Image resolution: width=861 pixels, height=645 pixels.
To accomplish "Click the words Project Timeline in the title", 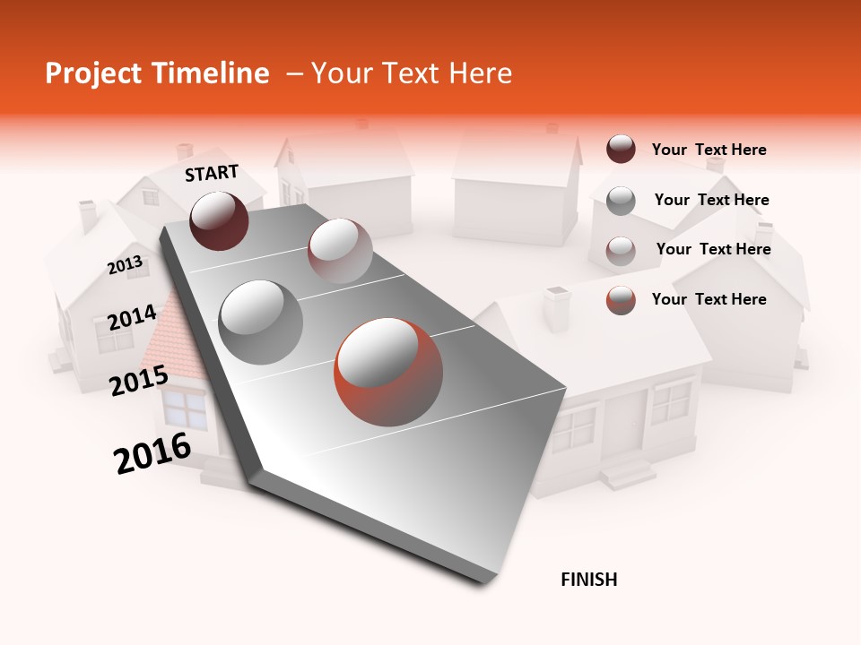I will point(157,73).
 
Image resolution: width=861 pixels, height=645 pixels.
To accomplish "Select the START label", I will point(212,173).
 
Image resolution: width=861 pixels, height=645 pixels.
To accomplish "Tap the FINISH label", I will point(588,580).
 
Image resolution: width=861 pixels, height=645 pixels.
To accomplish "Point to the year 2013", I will point(125,265).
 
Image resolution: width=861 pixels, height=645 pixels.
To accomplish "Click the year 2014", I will point(132,317).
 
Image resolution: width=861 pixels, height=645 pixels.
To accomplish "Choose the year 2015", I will point(139,381).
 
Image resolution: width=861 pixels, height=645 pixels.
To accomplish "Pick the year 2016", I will point(152,453).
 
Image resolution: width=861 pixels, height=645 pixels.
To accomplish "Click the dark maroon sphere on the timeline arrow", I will point(219,220).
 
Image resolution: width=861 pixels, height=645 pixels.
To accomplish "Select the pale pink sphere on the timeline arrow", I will point(339,251).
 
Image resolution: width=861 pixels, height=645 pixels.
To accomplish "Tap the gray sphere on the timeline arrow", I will point(260,322).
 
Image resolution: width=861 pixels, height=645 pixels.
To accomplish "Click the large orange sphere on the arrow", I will point(388,371).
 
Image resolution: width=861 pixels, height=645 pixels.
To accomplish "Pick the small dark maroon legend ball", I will point(621,149).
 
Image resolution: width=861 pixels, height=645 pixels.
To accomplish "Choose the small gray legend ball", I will point(621,201).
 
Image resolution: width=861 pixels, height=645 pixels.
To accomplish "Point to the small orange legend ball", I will point(621,300).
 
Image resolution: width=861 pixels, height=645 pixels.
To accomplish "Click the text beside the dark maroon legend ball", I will point(709,150).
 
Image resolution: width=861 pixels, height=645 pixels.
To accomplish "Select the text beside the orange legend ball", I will point(709,299).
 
